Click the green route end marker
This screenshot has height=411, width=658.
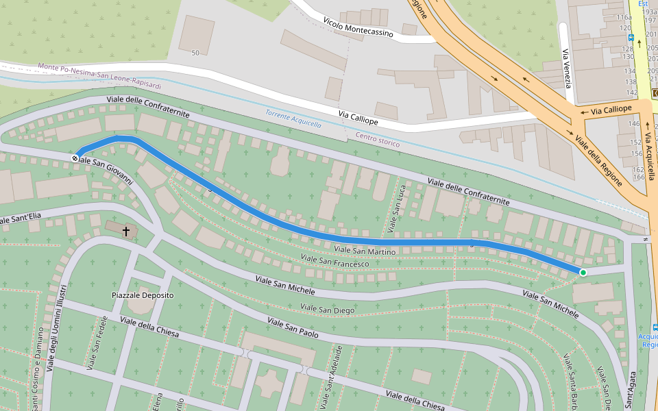pos(583,273)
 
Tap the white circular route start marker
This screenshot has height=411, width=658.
pos(75,158)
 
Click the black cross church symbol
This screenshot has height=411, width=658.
pos(125,232)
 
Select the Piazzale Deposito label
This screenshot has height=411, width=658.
pos(143,295)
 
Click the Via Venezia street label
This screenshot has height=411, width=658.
pos(567,68)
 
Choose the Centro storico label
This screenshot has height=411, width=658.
pos(377,140)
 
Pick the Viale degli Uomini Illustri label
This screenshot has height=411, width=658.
pos(57,328)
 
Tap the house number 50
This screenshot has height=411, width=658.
pos(195,53)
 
